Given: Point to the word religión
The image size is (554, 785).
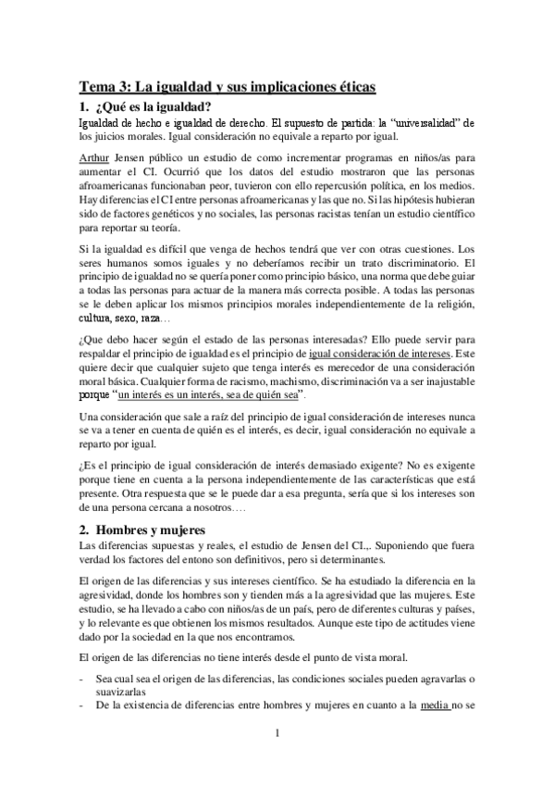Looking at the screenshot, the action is [x=449, y=303].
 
